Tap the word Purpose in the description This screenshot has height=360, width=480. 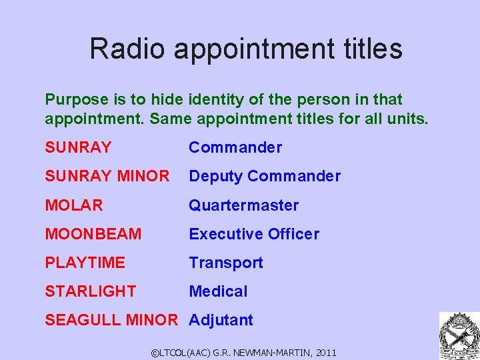[x=76, y=100]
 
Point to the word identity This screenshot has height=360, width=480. [x=218, y=100]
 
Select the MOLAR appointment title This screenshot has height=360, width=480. [x=74, y=205]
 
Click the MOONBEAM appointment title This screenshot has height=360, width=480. [x=93, y=234]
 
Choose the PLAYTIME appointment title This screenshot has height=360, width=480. [x=85, y=263]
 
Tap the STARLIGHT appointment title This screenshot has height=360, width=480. [x=91, y=291]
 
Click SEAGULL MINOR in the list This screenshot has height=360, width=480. [x=111, y=320]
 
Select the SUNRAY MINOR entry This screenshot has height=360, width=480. [x=107, y=176]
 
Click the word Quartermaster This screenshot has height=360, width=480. [x=244, y=205]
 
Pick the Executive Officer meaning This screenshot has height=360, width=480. [x=254, y=234]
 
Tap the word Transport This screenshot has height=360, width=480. [x=226, y=263]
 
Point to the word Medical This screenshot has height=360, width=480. [x=218, y=291]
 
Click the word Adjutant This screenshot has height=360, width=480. [x=221, y=320]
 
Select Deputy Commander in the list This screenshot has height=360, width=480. [x=265, y=176]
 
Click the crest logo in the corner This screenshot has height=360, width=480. [x=458, y=335]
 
